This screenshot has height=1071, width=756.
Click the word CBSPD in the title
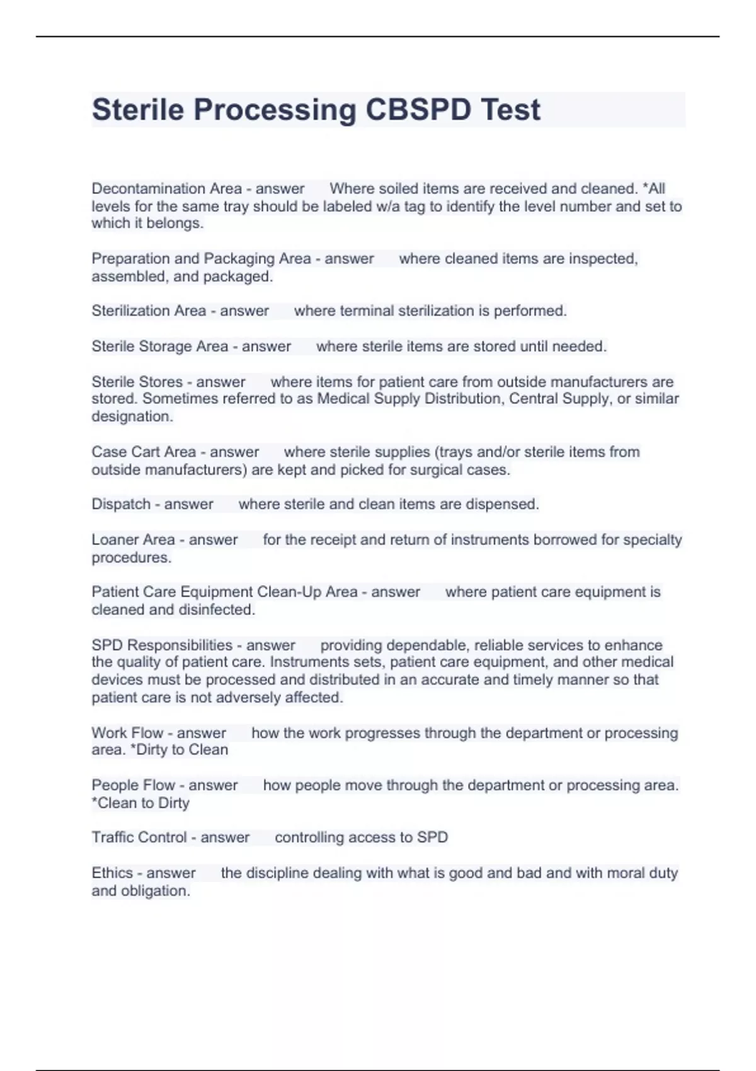418,110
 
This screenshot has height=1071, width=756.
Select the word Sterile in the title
138,110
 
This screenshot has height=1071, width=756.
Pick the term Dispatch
121,504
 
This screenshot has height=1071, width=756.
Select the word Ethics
112,873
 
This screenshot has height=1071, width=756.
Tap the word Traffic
115,837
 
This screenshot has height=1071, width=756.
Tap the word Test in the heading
510,110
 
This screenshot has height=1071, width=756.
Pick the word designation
132,416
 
